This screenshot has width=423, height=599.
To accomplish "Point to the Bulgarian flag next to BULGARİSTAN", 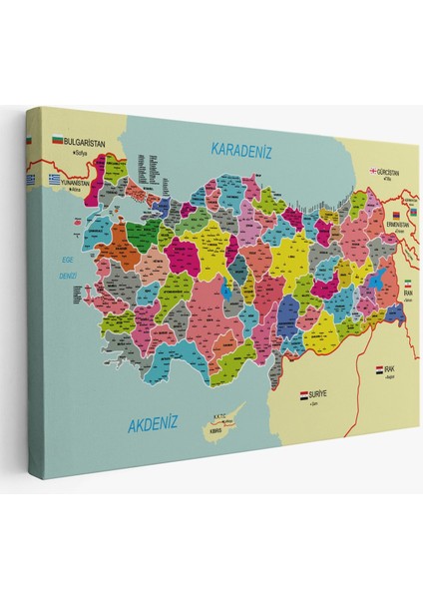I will tap(56, 142).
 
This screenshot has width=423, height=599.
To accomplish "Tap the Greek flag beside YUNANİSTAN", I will tap(58, 180).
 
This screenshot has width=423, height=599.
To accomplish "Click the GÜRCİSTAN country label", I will tap(392, 172).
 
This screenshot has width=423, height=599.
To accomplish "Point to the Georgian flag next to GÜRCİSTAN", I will tap(373, 171).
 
